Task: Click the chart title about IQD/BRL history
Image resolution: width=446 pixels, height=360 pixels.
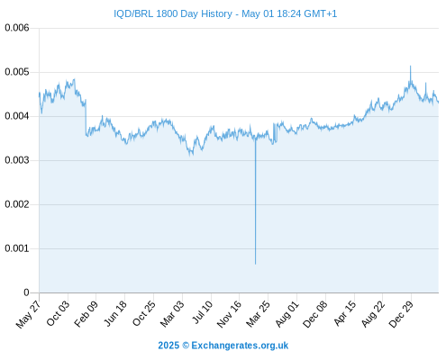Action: [225, 13]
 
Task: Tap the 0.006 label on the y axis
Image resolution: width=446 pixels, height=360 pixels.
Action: [17, 28]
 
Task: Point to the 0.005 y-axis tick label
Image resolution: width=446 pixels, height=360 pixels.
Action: [17, 72]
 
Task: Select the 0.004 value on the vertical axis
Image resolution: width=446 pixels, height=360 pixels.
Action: [17, 116]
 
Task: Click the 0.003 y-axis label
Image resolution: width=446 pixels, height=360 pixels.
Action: [17, 160]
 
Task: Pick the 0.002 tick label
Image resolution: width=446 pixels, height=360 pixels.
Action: [17, 204]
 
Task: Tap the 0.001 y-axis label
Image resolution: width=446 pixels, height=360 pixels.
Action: [17, 248]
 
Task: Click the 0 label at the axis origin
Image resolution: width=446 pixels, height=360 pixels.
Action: [26, 292]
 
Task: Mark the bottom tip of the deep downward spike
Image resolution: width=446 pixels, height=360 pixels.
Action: [256, 264]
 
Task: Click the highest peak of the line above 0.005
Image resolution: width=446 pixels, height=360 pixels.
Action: [411, 66]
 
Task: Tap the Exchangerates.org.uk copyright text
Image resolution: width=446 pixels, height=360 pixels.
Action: [223, 346]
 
